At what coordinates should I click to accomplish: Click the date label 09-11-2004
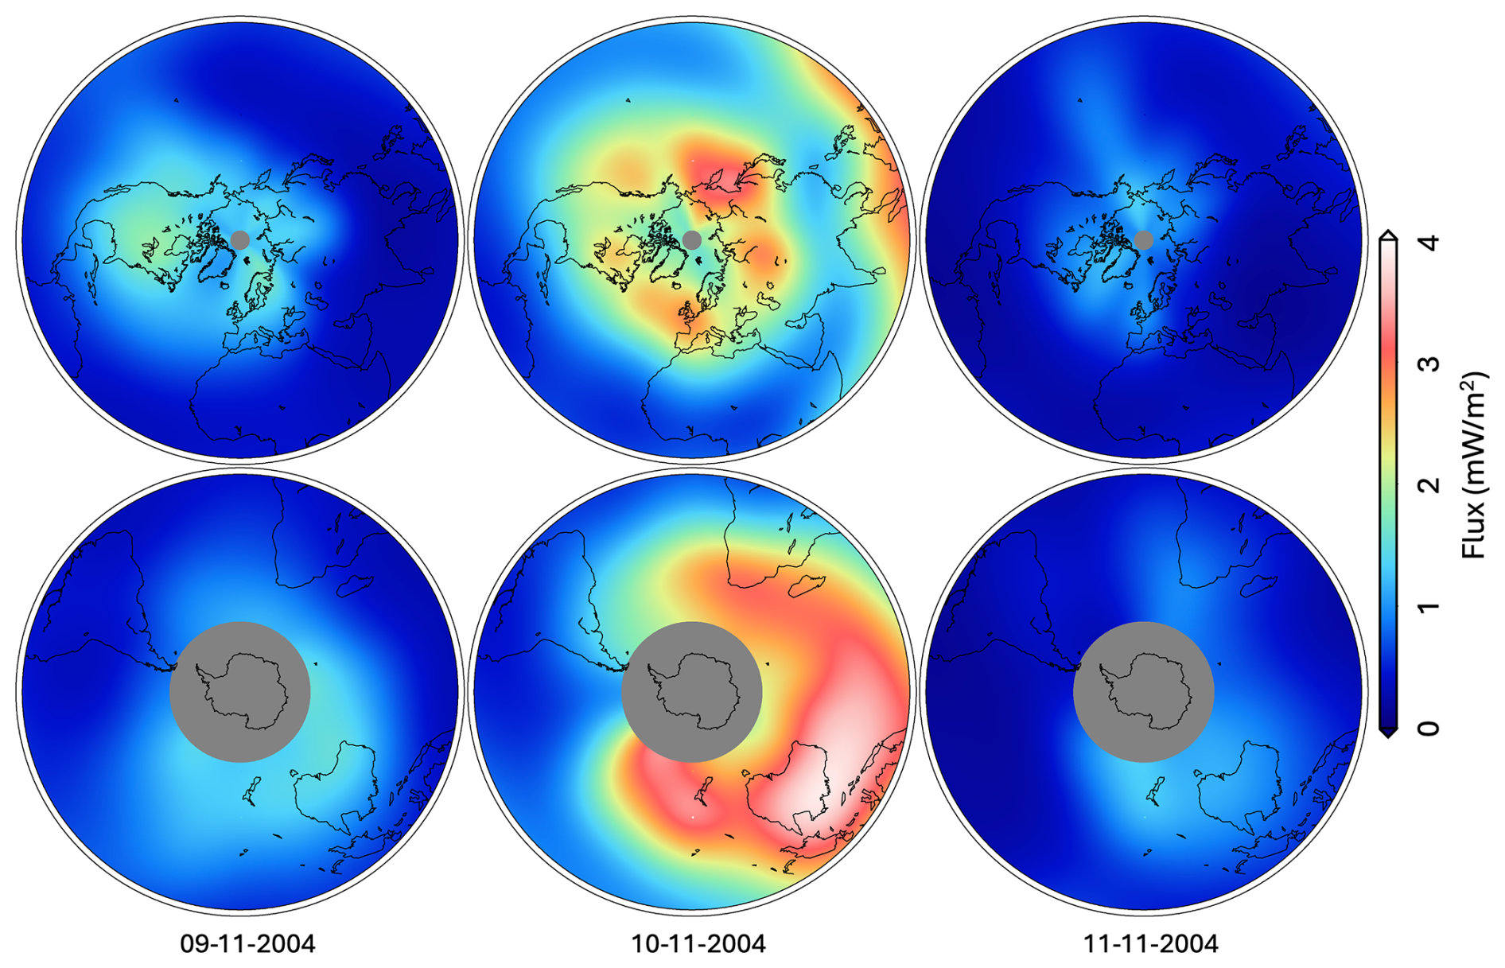click(247, 944)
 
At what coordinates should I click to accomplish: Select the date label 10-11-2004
click(698, 944)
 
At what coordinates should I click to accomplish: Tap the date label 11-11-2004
click(1150, 944)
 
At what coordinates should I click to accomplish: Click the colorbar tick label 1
click(1429, 607)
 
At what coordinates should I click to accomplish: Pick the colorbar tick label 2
click(1429, 485)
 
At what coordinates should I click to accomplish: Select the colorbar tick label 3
click(1429, 363)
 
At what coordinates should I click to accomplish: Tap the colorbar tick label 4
click(1429, 242)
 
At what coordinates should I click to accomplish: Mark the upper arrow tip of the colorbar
click(1388, 231)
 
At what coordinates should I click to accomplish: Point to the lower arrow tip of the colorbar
click(1388, 736)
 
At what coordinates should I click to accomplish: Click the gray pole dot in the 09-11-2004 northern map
click(239, 239)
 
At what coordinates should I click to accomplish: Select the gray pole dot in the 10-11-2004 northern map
click(691, 239)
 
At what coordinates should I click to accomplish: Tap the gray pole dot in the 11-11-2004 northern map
click(1143, 239)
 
